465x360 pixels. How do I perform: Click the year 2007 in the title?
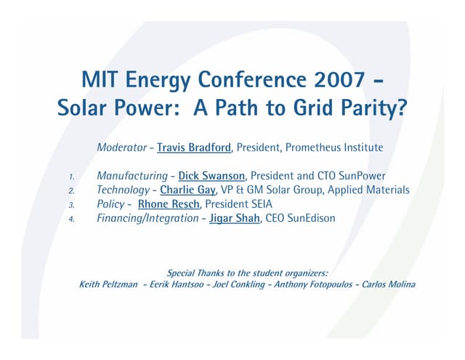tap(343, 78)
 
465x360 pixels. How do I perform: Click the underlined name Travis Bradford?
tap(194, 148)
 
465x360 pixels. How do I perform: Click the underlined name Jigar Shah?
tap(235, 217)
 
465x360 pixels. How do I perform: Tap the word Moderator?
tap(121, 148)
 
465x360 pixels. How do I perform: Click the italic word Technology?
tap(124, 190)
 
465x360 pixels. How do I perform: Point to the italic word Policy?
tap(110, 204)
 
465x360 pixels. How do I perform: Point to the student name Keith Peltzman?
tap(108, 284)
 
